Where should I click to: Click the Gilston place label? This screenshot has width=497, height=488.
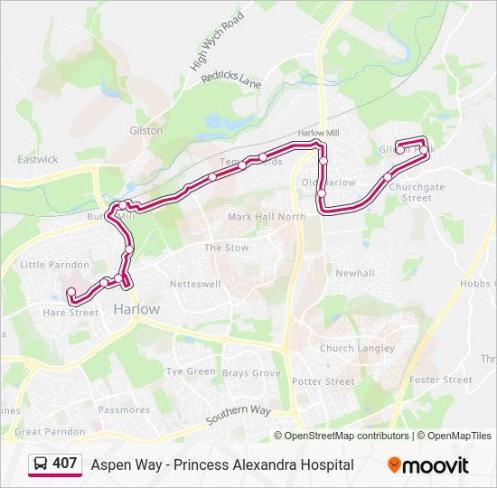[x=146, y=130]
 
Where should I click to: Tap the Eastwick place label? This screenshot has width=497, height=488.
[x=37, y=159]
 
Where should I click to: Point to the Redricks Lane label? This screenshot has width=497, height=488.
[x=231, y=81]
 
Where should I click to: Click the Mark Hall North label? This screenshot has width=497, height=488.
[x=267, y=217]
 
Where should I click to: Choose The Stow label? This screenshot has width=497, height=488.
[x=226, y=248]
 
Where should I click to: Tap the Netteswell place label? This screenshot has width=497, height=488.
[x=196, y=284]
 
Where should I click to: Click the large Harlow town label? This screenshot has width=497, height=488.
[x=136, y=309]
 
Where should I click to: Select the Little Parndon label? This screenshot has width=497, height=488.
[x=55, y=265]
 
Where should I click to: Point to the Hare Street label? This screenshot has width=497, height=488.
[x=70, y=313]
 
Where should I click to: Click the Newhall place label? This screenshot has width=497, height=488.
[x=354, y=273]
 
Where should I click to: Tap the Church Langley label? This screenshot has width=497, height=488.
[x=357, y=348]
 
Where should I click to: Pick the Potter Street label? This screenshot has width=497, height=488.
[x=325, y=381]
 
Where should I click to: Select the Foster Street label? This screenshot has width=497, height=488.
[x=440, y=380]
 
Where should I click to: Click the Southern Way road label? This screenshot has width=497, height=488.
[x=239, y=417]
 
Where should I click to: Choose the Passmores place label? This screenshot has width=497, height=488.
[x=124, y=409]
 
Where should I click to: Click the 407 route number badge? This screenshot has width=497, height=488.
[x=54, y=464]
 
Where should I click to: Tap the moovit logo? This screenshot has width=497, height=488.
[x=428, y=465]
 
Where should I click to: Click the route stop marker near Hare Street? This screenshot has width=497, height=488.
[x=70, y=292]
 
